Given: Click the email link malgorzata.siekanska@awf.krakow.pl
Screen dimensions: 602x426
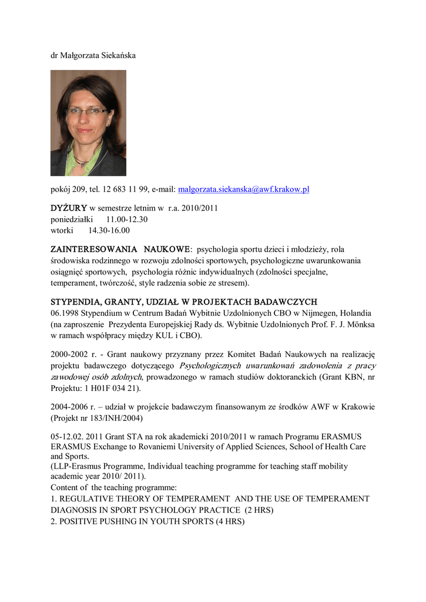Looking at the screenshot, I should tap(243, 189).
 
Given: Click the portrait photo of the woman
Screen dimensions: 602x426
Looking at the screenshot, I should tap(88, 123).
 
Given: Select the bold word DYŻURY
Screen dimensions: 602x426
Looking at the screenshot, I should tap(69, 208).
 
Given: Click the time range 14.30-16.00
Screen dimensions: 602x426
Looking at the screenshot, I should tap(109, 230).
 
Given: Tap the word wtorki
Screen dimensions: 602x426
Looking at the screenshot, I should tap(62, 230).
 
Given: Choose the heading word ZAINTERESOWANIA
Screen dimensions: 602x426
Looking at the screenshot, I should tap(93, 249).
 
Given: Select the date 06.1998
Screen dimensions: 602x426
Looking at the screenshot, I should tap(65, 313).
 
